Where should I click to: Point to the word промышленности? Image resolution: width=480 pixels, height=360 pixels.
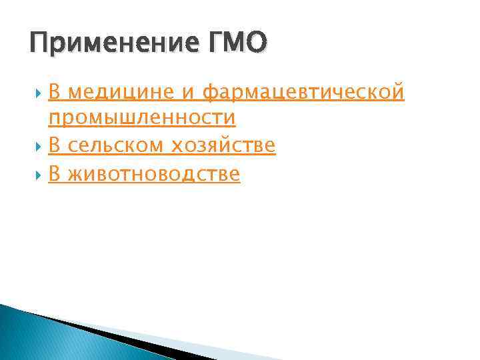(142, 118)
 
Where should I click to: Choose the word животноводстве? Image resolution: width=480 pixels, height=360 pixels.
(153, 174)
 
